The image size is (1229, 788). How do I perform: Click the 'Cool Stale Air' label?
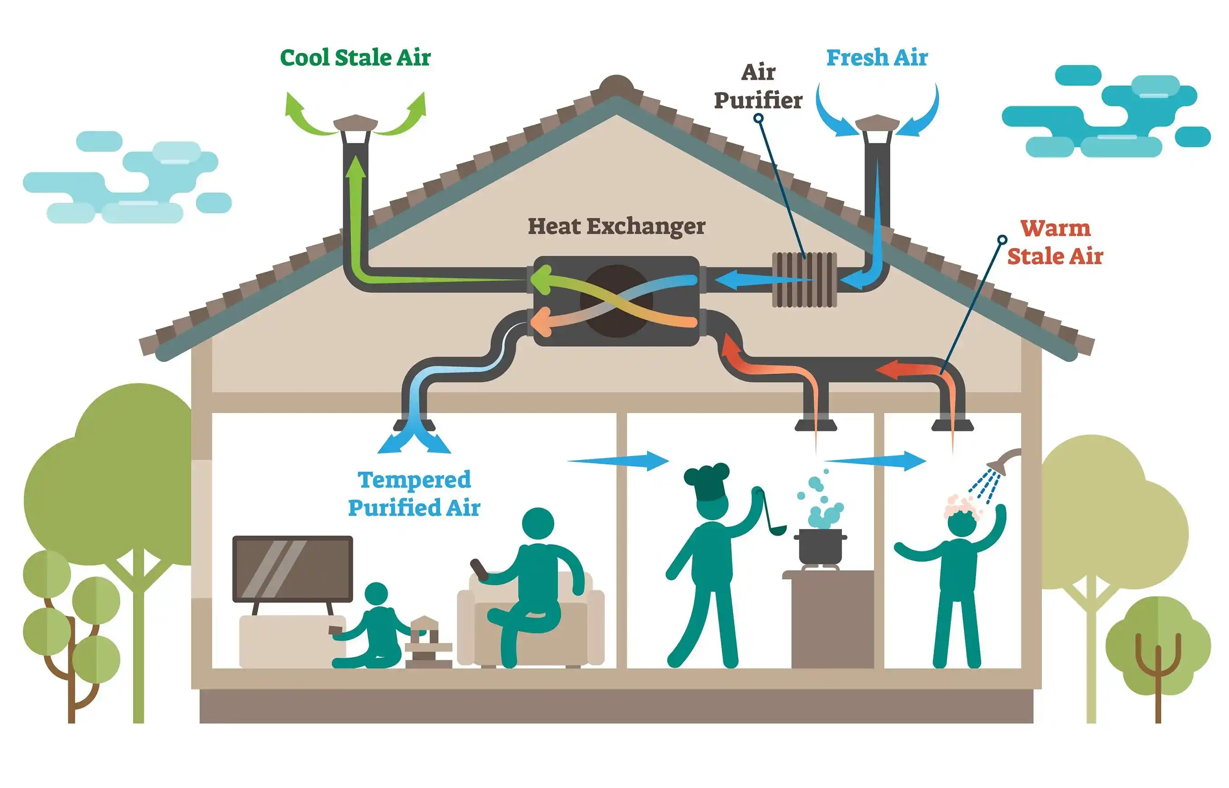click(355, 57)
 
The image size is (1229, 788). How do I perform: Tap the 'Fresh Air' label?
click(877, 57)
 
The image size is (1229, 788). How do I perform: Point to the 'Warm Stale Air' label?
click(1055, 242)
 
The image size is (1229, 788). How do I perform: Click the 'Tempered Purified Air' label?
click(414, 494)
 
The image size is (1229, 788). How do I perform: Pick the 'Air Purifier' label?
click(758, 86)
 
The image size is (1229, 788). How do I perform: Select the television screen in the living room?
click(293, 569)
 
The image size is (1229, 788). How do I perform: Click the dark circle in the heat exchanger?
click(616, 301)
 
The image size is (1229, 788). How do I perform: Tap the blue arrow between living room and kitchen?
click(618, 460)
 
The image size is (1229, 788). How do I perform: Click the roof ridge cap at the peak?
click(617, 85)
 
